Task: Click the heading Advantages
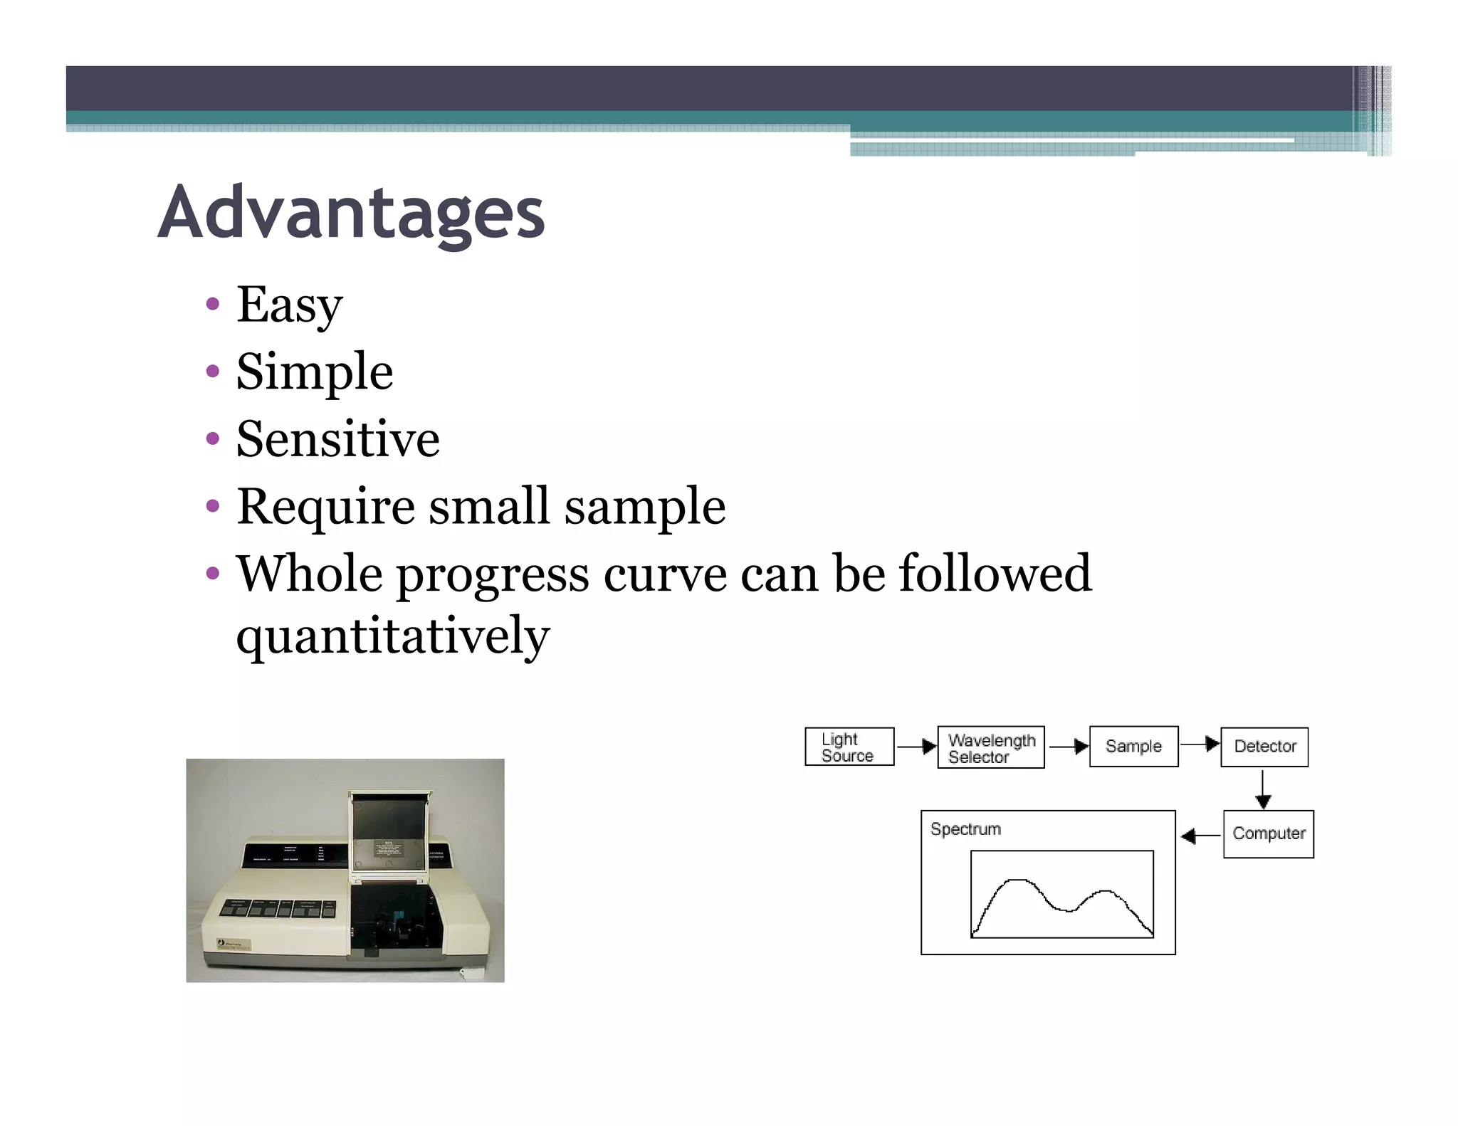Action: (x=351, y=212)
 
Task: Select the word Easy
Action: (x=289, y=305)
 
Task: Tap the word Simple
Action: (x=314, y=372)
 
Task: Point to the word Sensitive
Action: (x=337, y=438)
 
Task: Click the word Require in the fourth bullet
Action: (x=325, y=506)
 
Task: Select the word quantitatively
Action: (x=392, y=635)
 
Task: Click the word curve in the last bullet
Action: (x=665, y=574)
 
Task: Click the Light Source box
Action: (x=849, y=747)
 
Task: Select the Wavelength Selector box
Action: (x=990, y=747)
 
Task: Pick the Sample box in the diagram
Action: (x=1133, y=746)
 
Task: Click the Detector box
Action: (x=1264, y=747)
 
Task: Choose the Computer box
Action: (x=1268, y=833)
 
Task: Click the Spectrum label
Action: (x=965, y=829)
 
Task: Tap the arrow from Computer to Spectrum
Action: (x=1200, y=836)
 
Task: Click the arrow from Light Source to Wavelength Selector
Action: (x=916, y=747)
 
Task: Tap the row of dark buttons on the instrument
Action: (x=278, y=909)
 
